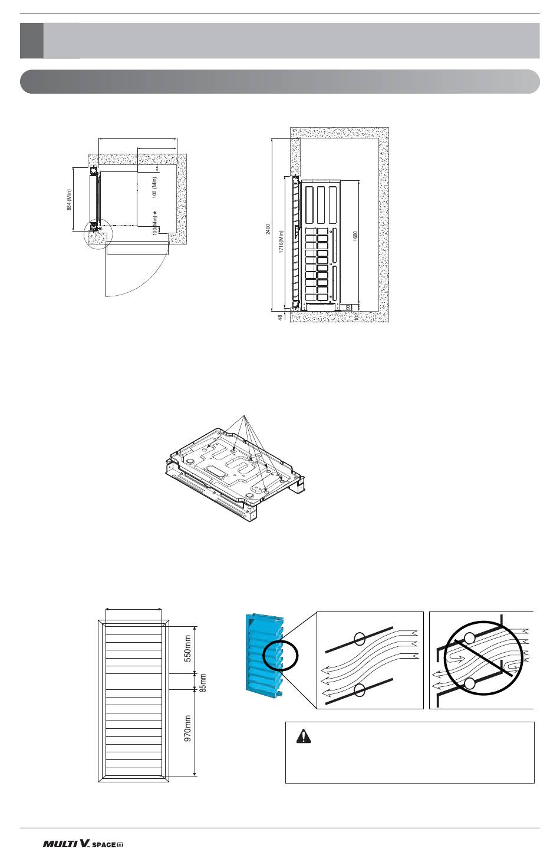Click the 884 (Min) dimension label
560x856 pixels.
click(x=69, y=200)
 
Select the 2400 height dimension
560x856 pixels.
click(x=268, y=229)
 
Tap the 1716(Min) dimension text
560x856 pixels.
click(x=281, y=241)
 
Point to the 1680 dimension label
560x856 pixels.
click(x=355, y=236)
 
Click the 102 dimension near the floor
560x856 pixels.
click(x=356, y=316)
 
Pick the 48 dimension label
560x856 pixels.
click(x=280, y=317)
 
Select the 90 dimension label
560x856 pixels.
click(x=348, y=308)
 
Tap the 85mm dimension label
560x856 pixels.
click(x=203, y=683)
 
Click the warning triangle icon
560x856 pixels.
click(x=304, y=736)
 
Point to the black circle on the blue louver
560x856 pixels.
click(x=281, y=655)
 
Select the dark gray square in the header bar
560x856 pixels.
click(x=32, y=41)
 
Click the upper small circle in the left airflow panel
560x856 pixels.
click(x=360, y=638)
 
